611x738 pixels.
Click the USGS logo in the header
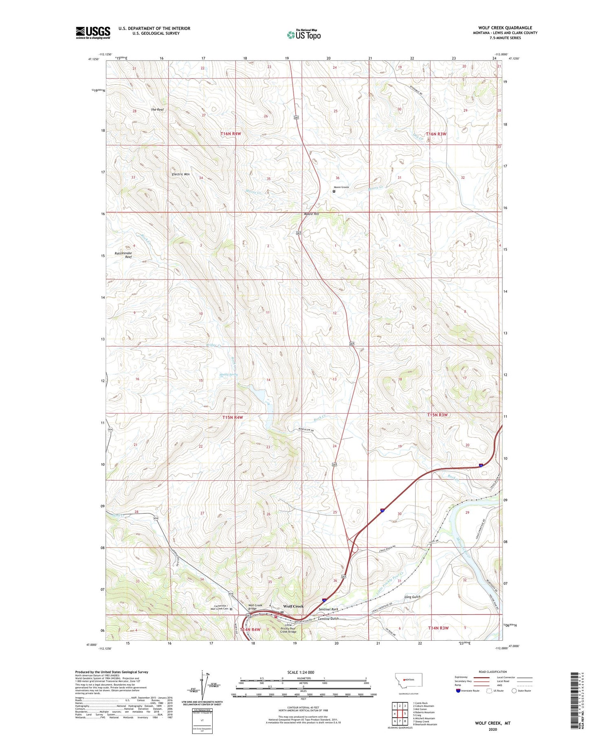[x=93, y=33]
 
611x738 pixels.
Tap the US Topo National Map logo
[x=303, y=35]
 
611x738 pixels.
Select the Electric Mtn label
[x=180, y=174]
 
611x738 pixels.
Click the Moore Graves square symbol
[x=334, y=191]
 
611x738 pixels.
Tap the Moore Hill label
[x=311, y=214]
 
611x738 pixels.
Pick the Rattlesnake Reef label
[x=123, y=255]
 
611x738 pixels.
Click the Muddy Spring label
[x=229, y=374]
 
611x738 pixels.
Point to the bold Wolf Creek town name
[x=293, y=606]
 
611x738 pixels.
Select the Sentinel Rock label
[x=328, y=609]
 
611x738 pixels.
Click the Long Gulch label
[x=412, y=597]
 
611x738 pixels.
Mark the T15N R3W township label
[x=437, y=415]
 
